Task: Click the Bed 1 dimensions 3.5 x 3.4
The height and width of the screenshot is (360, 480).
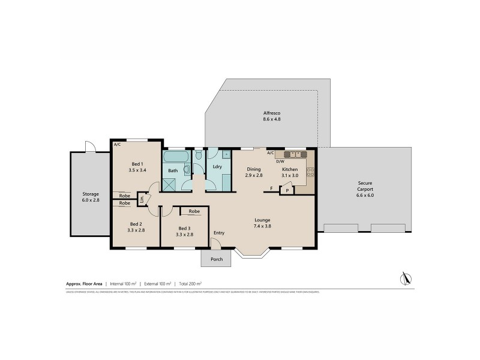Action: coord(137,170)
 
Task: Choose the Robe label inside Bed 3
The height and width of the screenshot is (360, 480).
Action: coord(194,211)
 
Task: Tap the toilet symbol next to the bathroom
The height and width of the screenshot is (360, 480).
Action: coord(199,158)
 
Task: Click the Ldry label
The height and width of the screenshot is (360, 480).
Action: coord(217,166)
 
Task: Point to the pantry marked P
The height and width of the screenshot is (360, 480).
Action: coord(287,190)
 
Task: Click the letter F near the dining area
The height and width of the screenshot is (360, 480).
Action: coord(271,189)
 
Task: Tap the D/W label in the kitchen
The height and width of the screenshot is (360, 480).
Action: coord(280,161)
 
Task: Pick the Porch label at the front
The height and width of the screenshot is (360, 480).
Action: coord(216,259)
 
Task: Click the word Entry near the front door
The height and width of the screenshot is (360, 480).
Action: coord(218,233)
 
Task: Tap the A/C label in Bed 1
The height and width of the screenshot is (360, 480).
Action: coord(118,145)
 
